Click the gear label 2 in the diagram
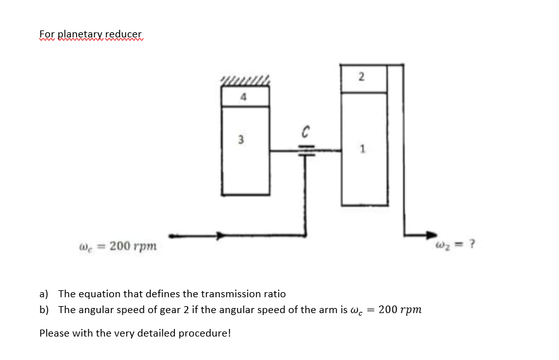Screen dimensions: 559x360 click(361, 77)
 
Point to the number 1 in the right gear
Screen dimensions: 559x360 click(362, 150)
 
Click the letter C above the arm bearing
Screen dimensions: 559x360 click(305, 132)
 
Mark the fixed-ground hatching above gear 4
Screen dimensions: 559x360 click(245, 80)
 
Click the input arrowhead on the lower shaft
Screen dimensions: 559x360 click(220, 236)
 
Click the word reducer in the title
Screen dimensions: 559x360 click(124, 34)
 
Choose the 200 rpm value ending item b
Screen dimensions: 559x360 click(400, 310)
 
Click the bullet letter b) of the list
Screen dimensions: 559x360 click(44, 310)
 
